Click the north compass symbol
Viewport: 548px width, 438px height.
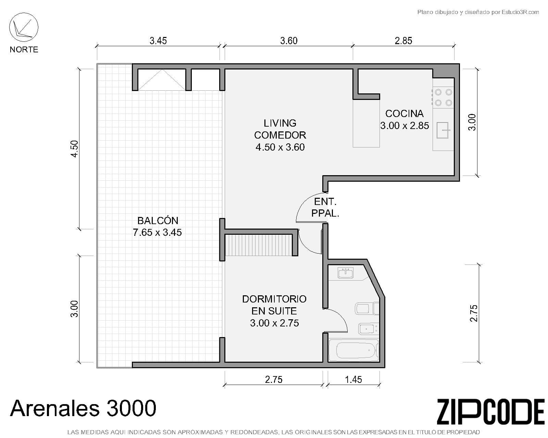pyautogui.click(x=24, y=27)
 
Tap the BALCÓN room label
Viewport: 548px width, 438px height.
pyautogui.click(x=158, y=220)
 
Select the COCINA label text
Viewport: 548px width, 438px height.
pyautogui.click(x=404, y=114)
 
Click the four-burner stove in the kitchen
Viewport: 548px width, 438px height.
pyautogui.click(x=443, y=97)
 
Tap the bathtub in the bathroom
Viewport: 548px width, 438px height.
pyautogui.click(x=353, y=350)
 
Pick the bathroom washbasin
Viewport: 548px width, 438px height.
pyautogui.click(x=346, y=273)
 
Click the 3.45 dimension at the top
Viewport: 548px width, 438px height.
pyautogui.click(x=158, y=41)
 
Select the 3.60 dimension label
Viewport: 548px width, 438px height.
pyautogui.click(x=289, y=41)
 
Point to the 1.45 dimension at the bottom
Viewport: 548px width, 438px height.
pyautogui.click(x=353, y=379)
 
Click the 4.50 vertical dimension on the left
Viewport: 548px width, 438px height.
pyautogui.click(x=74, y=149)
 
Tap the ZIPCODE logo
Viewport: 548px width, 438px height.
pyautogui.click(x=490, y=412)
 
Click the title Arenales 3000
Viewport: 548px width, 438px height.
pyautogui.click(x=83, y=408)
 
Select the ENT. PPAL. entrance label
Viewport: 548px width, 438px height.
pyautogui.click(x=325, y=207)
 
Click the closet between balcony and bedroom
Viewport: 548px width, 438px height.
pyautogui.click(x=259, y=245)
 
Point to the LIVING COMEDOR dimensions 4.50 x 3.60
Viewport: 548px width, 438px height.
pyautogui.click(x=280, y=147)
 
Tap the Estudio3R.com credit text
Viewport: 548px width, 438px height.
pyautogui.click(x=478, y=12)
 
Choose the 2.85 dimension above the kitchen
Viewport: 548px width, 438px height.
pyautogui.click(x=403, y=41)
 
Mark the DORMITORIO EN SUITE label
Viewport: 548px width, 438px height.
pyautogui.click(x=274, y=305)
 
